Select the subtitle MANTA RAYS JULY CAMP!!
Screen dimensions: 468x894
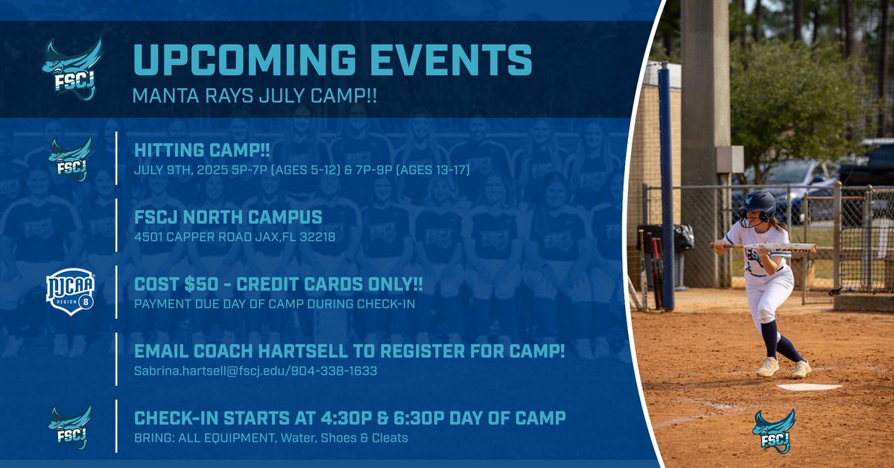(x=254, y=96)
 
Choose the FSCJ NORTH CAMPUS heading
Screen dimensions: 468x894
(x=228, y=218)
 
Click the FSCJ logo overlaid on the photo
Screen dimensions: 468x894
(x=773, y=430)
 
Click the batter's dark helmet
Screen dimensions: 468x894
(x=758, y=203)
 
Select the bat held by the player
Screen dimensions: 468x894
(x=764, y=246)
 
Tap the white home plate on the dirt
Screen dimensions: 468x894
(x=808, y=387)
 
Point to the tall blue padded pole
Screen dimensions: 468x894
(x=665, y=186)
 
